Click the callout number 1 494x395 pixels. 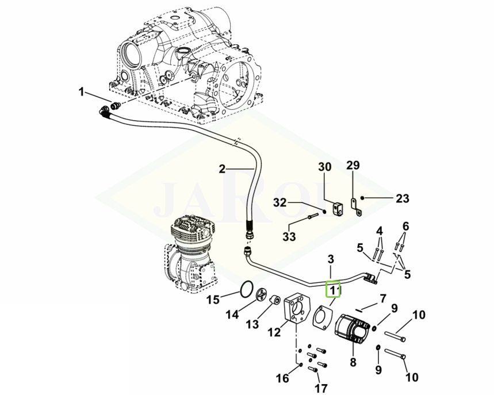(82, 92)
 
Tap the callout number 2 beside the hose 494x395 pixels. (222, 169)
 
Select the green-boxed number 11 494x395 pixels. (334, 289)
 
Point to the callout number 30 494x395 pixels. (325, 167)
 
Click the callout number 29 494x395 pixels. (353, 166)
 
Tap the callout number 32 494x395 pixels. (279, 202)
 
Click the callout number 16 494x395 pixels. (282, 378)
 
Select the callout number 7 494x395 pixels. (382, 299)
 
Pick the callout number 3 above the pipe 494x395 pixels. (331, 258)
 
